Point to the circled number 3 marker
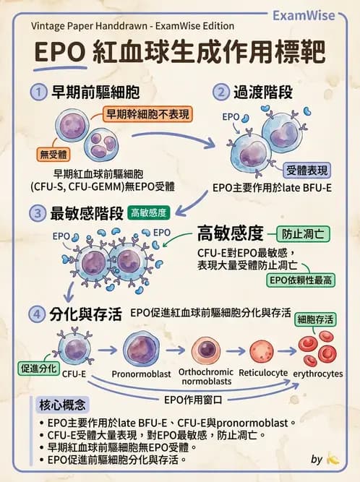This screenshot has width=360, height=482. pyautogui.click(x=38, y=212)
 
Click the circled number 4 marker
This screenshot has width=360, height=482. pyautogui.click(x=38, y=314)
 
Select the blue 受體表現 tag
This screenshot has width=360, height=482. pyautogui.click(x=307, y=171)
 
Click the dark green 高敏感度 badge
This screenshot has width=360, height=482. pyautogui.click(x=148, y=213)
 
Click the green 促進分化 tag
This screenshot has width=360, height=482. pyautogui.click(x=38, y=367)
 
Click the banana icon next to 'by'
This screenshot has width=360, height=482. pyautogui.click(x=333, y=458)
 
